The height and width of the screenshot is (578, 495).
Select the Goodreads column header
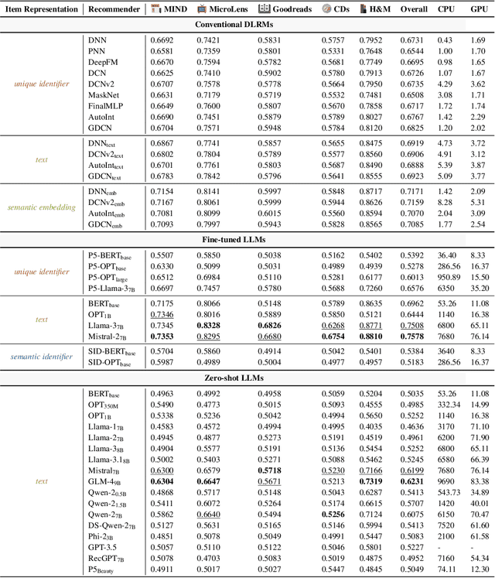(284, 9)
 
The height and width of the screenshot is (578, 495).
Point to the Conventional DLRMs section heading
(247, 24)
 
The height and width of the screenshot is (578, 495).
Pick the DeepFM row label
(102, 62)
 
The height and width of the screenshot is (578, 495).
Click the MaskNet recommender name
(104, 95)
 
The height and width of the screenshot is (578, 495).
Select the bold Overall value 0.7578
(415, 337)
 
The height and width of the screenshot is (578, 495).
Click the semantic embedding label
(41, 207)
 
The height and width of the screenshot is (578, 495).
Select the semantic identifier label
(41, 356)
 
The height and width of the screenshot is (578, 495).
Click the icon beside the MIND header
(156, 9)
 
